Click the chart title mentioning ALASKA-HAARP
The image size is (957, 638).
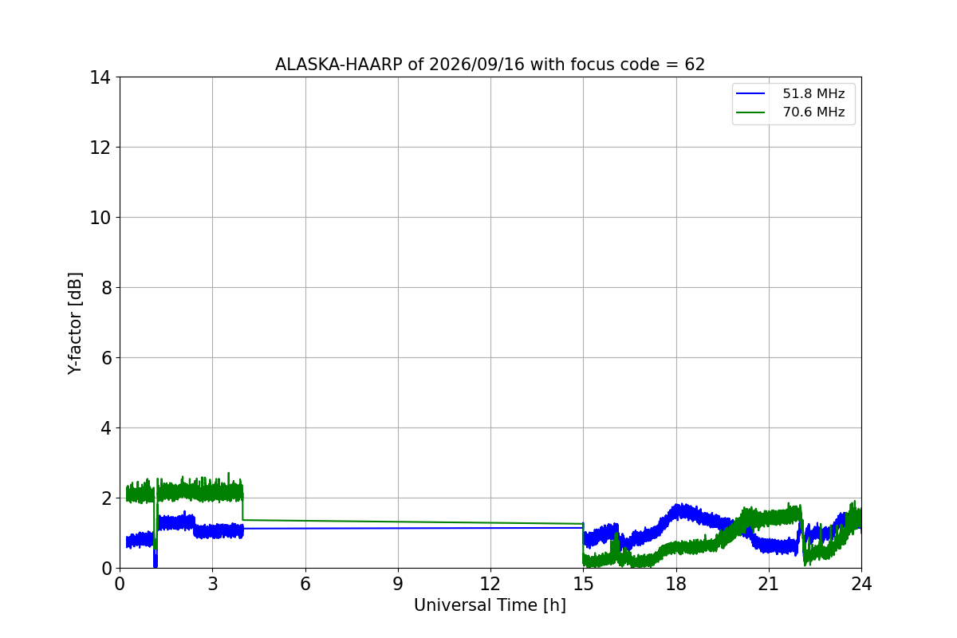(490, 65)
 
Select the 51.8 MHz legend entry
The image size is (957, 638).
(790, 93)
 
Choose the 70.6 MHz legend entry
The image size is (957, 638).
(790, 112)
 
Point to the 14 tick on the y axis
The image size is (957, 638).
(100, 77)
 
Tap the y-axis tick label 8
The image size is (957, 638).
(106, 288)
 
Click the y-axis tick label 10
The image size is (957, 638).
(100, 218)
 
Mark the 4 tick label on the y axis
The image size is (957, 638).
(106, 427)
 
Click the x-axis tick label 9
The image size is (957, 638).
(398, 584)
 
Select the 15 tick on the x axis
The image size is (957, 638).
(583, 584)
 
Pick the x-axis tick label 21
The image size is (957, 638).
(769, 584)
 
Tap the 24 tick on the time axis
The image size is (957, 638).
(861, 584)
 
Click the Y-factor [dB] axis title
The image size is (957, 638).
(75, 323)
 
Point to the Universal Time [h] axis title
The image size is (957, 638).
(490, 605)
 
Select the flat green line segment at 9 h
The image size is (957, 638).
(398, 522)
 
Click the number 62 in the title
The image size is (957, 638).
(695, 65)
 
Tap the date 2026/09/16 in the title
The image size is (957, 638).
(476, 65)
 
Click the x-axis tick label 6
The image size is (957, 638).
(305, 584)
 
